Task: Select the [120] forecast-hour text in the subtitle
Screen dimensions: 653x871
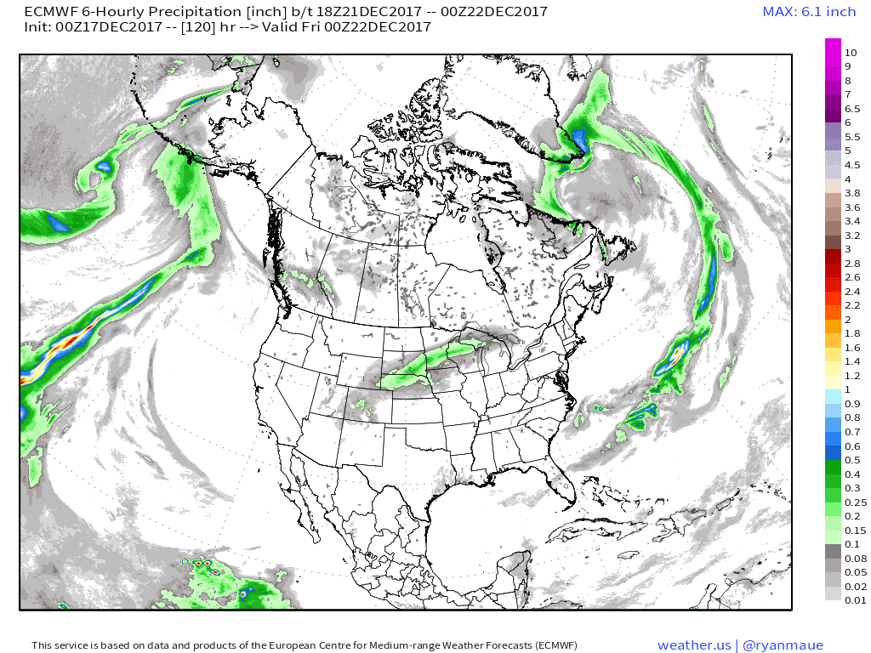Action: tap(196, 26)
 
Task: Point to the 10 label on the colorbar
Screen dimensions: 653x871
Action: tap(851, 53)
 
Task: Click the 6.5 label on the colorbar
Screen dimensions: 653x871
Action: tap(852, 108)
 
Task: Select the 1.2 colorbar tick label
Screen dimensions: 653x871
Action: tap(852, 375)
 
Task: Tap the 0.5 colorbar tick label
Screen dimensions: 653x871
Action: tap(852, 460)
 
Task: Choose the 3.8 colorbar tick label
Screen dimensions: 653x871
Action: tap(852, 193)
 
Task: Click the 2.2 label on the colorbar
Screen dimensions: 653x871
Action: tap(852, 304)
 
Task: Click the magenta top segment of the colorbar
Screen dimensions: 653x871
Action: tap(833, 51)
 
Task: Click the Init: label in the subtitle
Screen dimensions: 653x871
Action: tap(39, 26)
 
